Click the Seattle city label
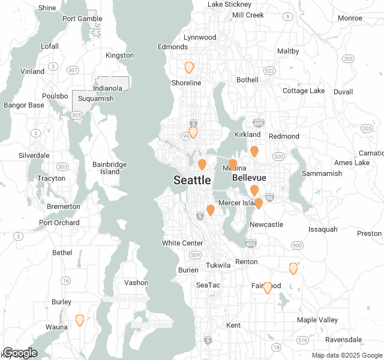point(192,180)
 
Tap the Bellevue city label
point(249,178)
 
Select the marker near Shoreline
point(189,67)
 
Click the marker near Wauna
point(80,320)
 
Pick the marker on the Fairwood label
point(268,287)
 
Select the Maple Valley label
point(317,320)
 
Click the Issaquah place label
point(323,229)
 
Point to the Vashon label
point(136,283)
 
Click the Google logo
point(20,353)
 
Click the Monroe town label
point(350,18)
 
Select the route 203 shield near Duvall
point(349,58)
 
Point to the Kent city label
point(233,325)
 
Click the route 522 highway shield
point(269,71)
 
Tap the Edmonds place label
point(173,47)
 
